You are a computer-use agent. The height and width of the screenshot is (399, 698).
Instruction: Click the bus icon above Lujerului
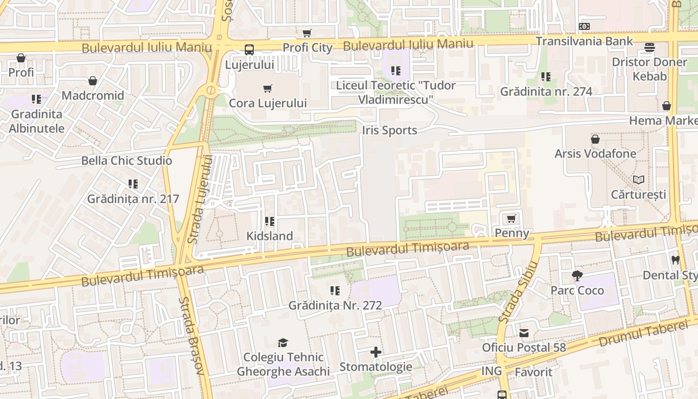coord(249,49)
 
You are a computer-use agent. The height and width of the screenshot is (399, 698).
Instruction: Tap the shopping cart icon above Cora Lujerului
coord(268,88)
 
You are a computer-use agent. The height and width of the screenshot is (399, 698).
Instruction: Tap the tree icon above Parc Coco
coord(577,275)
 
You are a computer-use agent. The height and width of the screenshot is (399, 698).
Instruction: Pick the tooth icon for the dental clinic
coord(676,260)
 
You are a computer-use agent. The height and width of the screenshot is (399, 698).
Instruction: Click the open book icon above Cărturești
coord(638,180)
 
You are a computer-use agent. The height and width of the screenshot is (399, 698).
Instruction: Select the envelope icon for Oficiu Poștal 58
coord(524,333)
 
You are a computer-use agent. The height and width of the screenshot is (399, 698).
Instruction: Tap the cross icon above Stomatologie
coord(376,353)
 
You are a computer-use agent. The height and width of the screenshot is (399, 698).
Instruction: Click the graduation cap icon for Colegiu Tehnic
coord(283,343)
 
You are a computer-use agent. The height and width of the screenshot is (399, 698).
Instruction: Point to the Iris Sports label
coord(389,131)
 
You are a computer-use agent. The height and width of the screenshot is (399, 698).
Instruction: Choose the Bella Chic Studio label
coord(127,161)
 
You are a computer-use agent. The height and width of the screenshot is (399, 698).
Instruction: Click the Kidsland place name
coord(270,236)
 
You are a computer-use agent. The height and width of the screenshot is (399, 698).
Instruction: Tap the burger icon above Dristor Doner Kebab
coord(649,47)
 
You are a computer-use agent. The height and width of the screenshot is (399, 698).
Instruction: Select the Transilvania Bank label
coord(584,41)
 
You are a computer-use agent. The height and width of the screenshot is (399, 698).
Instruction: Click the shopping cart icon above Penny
coord(512,218)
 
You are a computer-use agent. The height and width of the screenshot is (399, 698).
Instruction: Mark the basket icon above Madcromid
coord(93,81)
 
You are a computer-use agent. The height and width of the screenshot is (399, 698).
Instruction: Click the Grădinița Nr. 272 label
coord(335,305)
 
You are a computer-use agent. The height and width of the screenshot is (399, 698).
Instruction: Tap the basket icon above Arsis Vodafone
coord(595,139)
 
